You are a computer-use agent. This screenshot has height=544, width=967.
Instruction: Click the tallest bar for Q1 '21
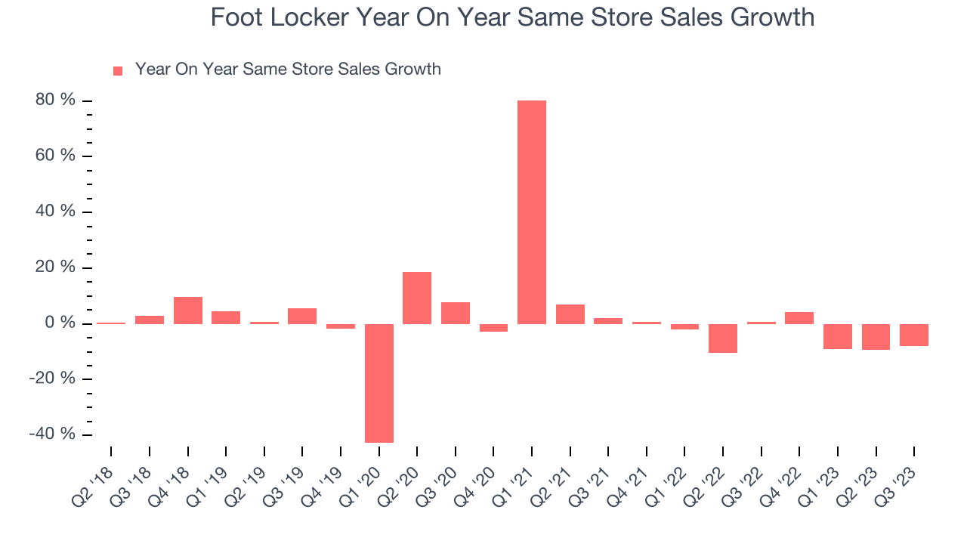point(532,212)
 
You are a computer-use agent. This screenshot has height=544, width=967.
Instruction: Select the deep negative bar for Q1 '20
point(378,383)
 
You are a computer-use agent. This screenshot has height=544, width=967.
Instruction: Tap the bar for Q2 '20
point(417,298)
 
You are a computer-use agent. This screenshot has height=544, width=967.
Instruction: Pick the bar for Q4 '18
point(187,311)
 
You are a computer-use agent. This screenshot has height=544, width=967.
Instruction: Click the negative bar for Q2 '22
point(723,338)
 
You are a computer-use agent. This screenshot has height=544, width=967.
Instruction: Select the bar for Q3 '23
point(914,335)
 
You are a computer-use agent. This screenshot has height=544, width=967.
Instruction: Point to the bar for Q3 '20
point(456,313)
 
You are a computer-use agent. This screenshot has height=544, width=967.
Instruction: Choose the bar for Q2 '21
point(570,314)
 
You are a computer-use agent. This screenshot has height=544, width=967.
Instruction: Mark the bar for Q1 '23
point(837,336)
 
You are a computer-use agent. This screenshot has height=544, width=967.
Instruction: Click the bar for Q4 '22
point(799,318)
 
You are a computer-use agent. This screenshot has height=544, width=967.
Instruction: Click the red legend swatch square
point(118,71)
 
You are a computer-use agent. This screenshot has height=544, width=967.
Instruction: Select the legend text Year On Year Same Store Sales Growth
point(288,70)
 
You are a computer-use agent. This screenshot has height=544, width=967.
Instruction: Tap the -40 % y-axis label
point(53,434)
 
